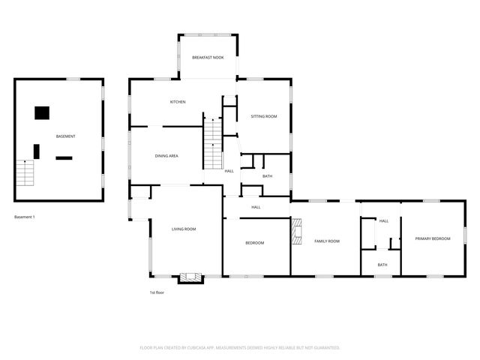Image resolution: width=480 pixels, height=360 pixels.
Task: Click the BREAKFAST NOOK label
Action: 208,58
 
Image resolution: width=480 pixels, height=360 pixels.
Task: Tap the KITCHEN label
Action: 177,102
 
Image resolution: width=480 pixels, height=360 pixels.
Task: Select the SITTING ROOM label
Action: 264,116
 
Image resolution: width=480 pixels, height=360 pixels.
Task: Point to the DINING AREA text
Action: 166,156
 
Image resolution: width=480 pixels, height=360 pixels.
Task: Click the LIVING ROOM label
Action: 184,229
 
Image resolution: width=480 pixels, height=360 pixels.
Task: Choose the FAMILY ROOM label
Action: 327,241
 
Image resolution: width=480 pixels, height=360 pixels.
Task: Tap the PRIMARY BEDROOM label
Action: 433,238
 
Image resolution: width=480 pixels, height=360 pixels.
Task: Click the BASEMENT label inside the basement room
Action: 65,136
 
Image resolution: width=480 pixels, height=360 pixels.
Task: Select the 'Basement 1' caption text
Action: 25,217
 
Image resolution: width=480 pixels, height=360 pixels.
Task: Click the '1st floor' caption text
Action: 157,292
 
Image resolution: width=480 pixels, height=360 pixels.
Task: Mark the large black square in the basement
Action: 42,113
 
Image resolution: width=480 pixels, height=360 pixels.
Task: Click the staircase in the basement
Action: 26,173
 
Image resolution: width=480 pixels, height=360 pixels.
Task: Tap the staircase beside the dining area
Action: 214,143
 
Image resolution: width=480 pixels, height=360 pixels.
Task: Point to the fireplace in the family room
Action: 297,231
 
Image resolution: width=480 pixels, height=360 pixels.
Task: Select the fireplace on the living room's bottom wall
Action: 190,277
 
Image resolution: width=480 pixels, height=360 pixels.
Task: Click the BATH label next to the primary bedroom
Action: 382,265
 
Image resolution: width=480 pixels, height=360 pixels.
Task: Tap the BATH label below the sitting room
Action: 267,176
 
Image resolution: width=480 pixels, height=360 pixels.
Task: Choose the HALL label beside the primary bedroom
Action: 383,221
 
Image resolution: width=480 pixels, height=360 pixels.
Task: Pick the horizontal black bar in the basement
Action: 64,157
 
